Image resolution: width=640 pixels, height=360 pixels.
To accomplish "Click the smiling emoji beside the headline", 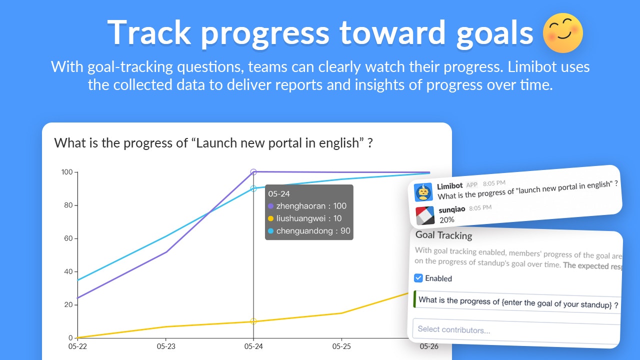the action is [562, 33].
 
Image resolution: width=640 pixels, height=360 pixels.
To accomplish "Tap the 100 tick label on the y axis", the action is [67, 172].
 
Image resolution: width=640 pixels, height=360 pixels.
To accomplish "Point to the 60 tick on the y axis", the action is [68, 238].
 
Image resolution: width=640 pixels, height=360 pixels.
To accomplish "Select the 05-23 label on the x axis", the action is [166, 346].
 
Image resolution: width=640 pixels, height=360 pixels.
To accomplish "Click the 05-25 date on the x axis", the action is [341, 346].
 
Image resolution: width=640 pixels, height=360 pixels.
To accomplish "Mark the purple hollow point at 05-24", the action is [253, 172].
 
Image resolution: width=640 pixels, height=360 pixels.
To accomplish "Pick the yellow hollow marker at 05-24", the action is [253, 321].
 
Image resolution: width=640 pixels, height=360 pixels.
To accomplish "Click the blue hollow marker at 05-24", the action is [253, 188].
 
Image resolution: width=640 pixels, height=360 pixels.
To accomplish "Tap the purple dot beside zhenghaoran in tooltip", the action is [270, 206].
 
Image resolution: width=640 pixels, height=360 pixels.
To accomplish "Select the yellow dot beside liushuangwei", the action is [270, 218].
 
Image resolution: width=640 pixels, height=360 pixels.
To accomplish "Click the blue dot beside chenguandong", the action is [270, 231].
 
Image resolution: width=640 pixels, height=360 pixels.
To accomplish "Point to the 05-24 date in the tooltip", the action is [279, 193].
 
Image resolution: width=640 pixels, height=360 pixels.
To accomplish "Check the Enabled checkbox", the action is [418, 277].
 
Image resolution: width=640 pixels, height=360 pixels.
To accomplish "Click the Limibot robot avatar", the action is [423, 192].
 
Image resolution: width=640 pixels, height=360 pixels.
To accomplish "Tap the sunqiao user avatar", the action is [425, 215].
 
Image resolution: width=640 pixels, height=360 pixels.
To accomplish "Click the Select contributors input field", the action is [516, 331].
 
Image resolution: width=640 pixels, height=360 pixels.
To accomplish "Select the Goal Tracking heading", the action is [443, 235].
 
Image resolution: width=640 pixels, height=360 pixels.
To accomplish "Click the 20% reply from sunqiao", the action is [447, 219].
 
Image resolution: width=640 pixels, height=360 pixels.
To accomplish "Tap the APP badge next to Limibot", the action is [471, 185].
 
